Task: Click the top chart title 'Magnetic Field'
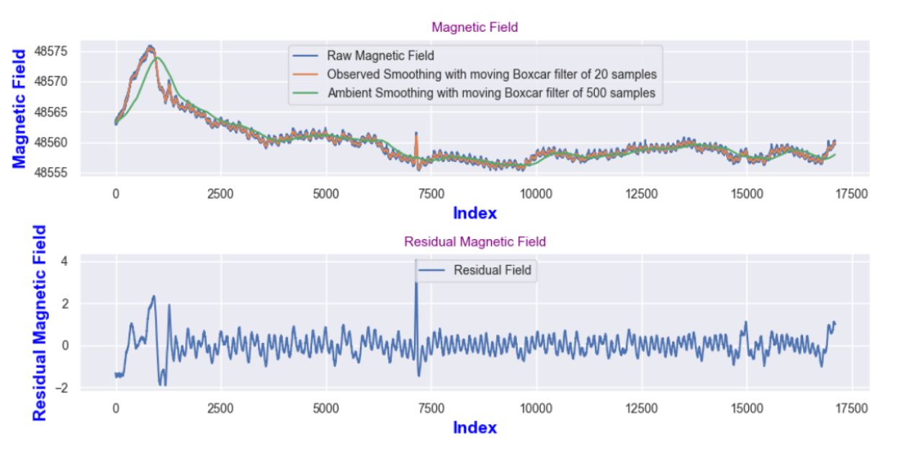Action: point(475,27)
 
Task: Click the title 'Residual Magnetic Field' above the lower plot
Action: point(475,242)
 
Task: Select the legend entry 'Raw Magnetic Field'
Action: point(380,55)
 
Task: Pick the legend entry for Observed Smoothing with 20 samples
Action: point(491,74)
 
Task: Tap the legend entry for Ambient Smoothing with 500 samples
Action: point(491,93)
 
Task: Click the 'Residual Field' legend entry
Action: point(492,270)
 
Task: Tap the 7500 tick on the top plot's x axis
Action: point(431,195)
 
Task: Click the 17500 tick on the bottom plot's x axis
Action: point(851,409)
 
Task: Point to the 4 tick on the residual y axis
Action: point(64,261)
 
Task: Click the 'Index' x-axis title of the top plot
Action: point(475,213)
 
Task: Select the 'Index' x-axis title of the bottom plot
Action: point(475,428)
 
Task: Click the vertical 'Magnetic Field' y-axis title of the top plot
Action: point(19,108)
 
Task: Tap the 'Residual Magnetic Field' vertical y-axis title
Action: point(40,323)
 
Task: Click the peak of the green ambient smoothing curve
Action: point(156,57)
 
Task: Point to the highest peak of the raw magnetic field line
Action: point(150,46)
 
